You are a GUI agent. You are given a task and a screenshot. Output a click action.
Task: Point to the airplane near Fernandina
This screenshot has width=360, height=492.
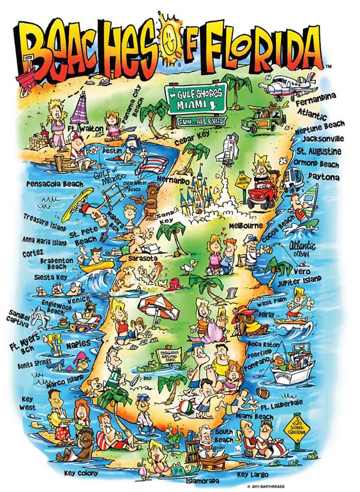tap(289, 86)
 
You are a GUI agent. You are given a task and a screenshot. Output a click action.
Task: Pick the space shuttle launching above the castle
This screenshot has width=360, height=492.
tap(228, 148)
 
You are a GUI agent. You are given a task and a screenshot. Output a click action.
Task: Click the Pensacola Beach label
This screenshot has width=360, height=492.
tap(55, 184)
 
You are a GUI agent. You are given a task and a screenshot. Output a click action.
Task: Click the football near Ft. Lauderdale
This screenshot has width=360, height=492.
tap(263, 393)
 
